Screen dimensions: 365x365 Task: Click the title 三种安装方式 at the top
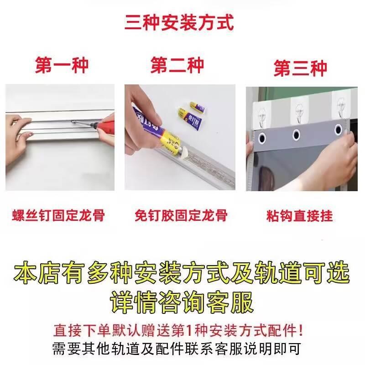179,22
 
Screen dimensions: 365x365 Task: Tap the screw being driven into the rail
73,122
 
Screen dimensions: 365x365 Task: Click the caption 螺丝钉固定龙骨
58,215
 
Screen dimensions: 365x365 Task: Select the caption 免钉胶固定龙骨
181,215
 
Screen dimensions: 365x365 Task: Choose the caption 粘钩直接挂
299,215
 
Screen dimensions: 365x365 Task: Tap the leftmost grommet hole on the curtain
263,136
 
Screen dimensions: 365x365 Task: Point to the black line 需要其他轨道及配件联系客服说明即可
177,349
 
